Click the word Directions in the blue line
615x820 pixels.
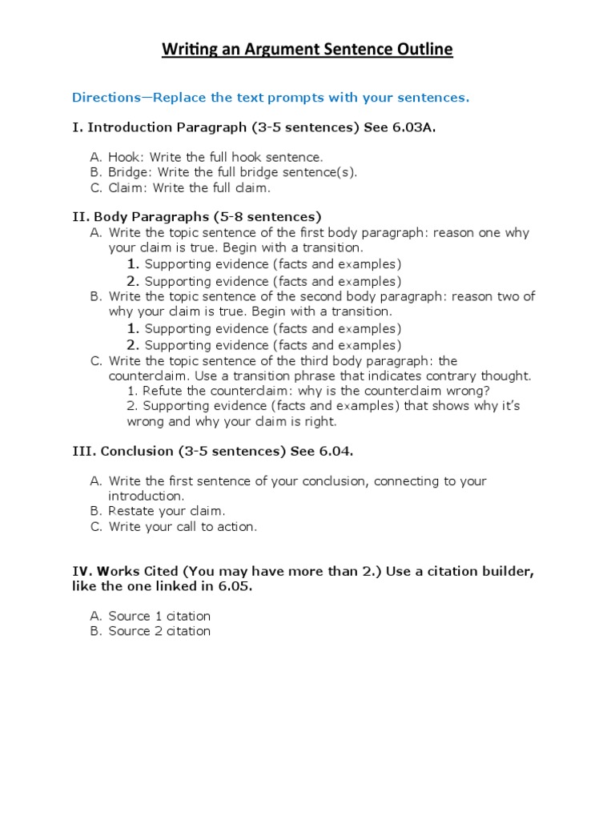click(x=105, y=98)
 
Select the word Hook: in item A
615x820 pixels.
click(x=126, y=157)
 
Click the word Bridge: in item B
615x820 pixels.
click(x=131, y=172)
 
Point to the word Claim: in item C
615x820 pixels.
click(x=129, y=187)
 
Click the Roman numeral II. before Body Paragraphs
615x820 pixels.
click(x=81, y=217)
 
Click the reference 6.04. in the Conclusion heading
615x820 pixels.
click(x=336, y=452)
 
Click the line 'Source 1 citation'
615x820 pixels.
click(x=159, y=616)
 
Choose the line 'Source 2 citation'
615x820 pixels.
click(x=159, y=631)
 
